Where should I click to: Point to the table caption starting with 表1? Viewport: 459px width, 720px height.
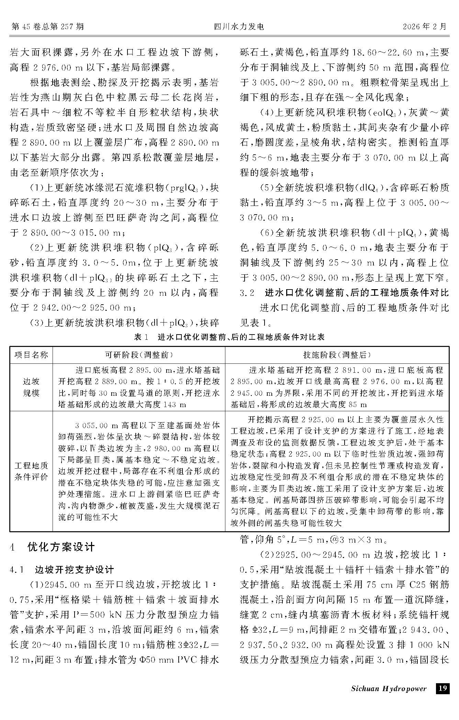pyautogui.click(x=229, y=337)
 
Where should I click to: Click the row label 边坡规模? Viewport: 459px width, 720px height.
pyautogui.click(x=31, y=387)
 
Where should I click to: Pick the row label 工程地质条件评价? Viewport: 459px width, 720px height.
pyautogui.click(x=31, y=471)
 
